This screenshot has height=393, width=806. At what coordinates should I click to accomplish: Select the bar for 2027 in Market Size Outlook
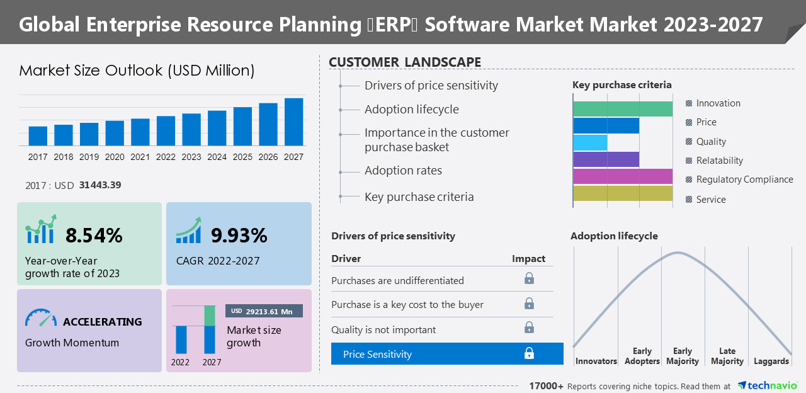pyautogui.click(x=293, y=122)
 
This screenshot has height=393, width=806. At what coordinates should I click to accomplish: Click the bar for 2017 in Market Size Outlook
pyautogui.click(x=38, y=135)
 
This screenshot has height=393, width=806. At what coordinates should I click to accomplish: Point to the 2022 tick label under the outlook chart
pyautogui.click(x=166, y=157)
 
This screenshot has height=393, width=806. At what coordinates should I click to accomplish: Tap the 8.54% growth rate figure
pyautogui.click(x=94, y=236)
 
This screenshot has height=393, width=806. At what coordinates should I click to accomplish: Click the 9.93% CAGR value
pyautogui.click(x=239, y=236)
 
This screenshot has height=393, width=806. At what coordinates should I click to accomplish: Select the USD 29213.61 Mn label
pyautogui.click(x=264, y=311)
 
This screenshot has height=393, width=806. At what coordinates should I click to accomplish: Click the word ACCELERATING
pyautogui.click(x=102, y=322)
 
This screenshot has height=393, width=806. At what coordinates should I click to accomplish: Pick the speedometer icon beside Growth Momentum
pyautogui.click(x=41, y=317)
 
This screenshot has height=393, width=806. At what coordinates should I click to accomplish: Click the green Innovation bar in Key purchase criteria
pyautogui.click(x=622, y=109)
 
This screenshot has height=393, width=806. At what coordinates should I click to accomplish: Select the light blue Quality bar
pyautogui.click(x=590, y=142)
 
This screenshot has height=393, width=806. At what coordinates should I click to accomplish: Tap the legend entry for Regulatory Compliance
pyautogui.click(x=744, y=179)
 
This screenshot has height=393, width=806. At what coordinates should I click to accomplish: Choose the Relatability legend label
pyautogui.click(x=719, y=161)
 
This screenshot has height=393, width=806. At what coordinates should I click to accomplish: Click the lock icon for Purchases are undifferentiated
pyautogui.click(x=529, y=278)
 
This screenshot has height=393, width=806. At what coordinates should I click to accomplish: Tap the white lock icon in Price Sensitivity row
pyautogui.click(x=529, y=354)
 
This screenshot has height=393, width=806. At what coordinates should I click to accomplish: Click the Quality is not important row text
pyautogui.click(x=383, y=329)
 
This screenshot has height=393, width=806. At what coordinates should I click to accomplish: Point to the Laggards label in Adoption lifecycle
pyautogui.click(x=771, y=361)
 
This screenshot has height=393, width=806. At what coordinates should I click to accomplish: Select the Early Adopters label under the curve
pyautogui.click(x=642, y=356)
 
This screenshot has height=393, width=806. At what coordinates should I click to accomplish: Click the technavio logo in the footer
pyautogui.click(x=767, y=385)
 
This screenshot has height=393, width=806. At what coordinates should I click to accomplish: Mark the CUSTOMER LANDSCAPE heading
pyautogui.click(x=405, y=62)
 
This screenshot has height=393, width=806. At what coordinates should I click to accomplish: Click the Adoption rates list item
pyautogui.click(x=403, y=171)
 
